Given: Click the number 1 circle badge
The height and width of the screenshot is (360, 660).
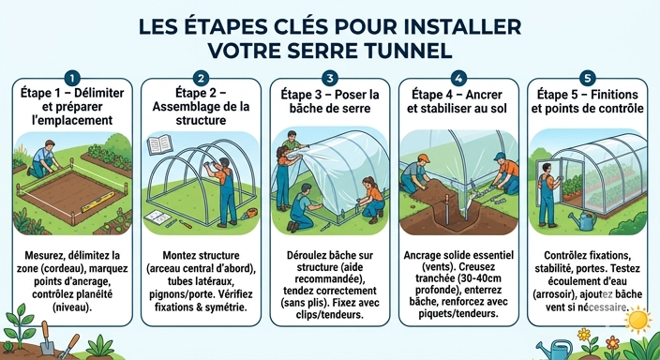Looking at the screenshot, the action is (72, 78).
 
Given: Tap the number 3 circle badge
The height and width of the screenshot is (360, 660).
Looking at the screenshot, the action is (330, 78).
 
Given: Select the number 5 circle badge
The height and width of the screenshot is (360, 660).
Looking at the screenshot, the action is (587, 78).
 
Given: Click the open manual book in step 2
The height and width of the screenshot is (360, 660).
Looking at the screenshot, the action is (160, 144).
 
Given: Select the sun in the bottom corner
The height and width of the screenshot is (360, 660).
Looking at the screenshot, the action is (638, 320).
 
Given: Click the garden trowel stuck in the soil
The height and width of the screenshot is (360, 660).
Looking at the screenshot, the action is (46, 339).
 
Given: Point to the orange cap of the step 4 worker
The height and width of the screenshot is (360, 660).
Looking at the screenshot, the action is (423, 158).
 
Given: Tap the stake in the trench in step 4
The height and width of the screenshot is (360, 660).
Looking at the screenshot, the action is (447, 209).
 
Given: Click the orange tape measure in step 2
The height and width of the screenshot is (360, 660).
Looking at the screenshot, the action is (250, 214).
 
